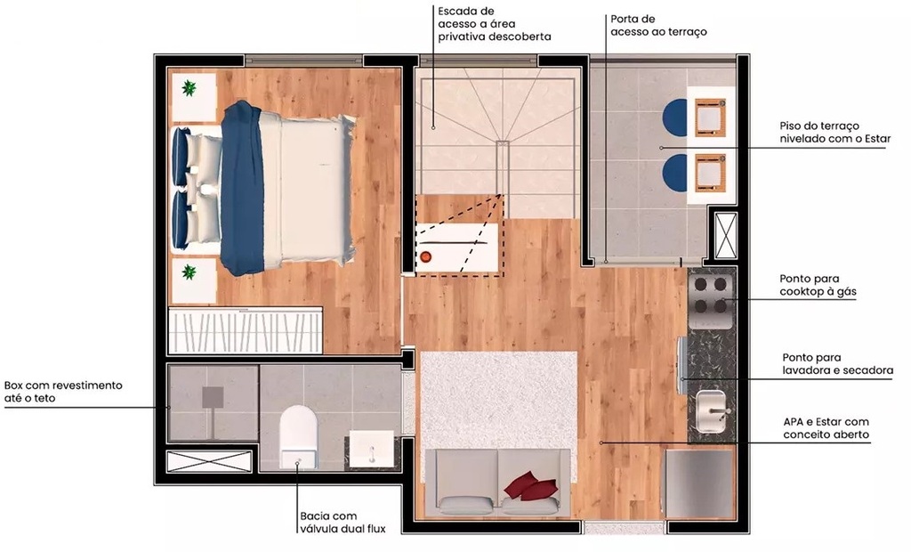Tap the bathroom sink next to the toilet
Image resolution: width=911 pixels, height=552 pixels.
pyautogui.click(x=371, y=447)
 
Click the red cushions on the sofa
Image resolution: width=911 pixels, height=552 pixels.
pyautogui.click(x=524, y=485)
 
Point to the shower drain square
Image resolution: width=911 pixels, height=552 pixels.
pyautogui.click(x=214, y=396)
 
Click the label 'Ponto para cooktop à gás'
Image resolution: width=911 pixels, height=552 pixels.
pyautogui.click(x=818, y=285)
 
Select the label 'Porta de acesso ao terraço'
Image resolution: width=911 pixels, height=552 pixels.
pyautogui.click(x=659, y=25)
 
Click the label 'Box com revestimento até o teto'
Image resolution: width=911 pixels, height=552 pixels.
pyautogui.click(x=62, y=392)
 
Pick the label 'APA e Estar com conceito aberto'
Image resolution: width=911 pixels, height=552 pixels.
pyautogui.click(x=826, y=428)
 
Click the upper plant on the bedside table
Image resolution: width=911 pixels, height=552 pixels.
pyautogui.click(x=189, y=88)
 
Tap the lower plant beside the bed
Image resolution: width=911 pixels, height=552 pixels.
pyautogui.click(x=189, y=271)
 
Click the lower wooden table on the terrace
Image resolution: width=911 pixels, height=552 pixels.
pyautogui.click(x=711, y=172)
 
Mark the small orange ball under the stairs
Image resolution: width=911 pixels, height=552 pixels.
pyautogui.click(x=425, y=257)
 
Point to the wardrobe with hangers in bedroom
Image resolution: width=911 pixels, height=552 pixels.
pyautogui.click(x=246, y=332)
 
